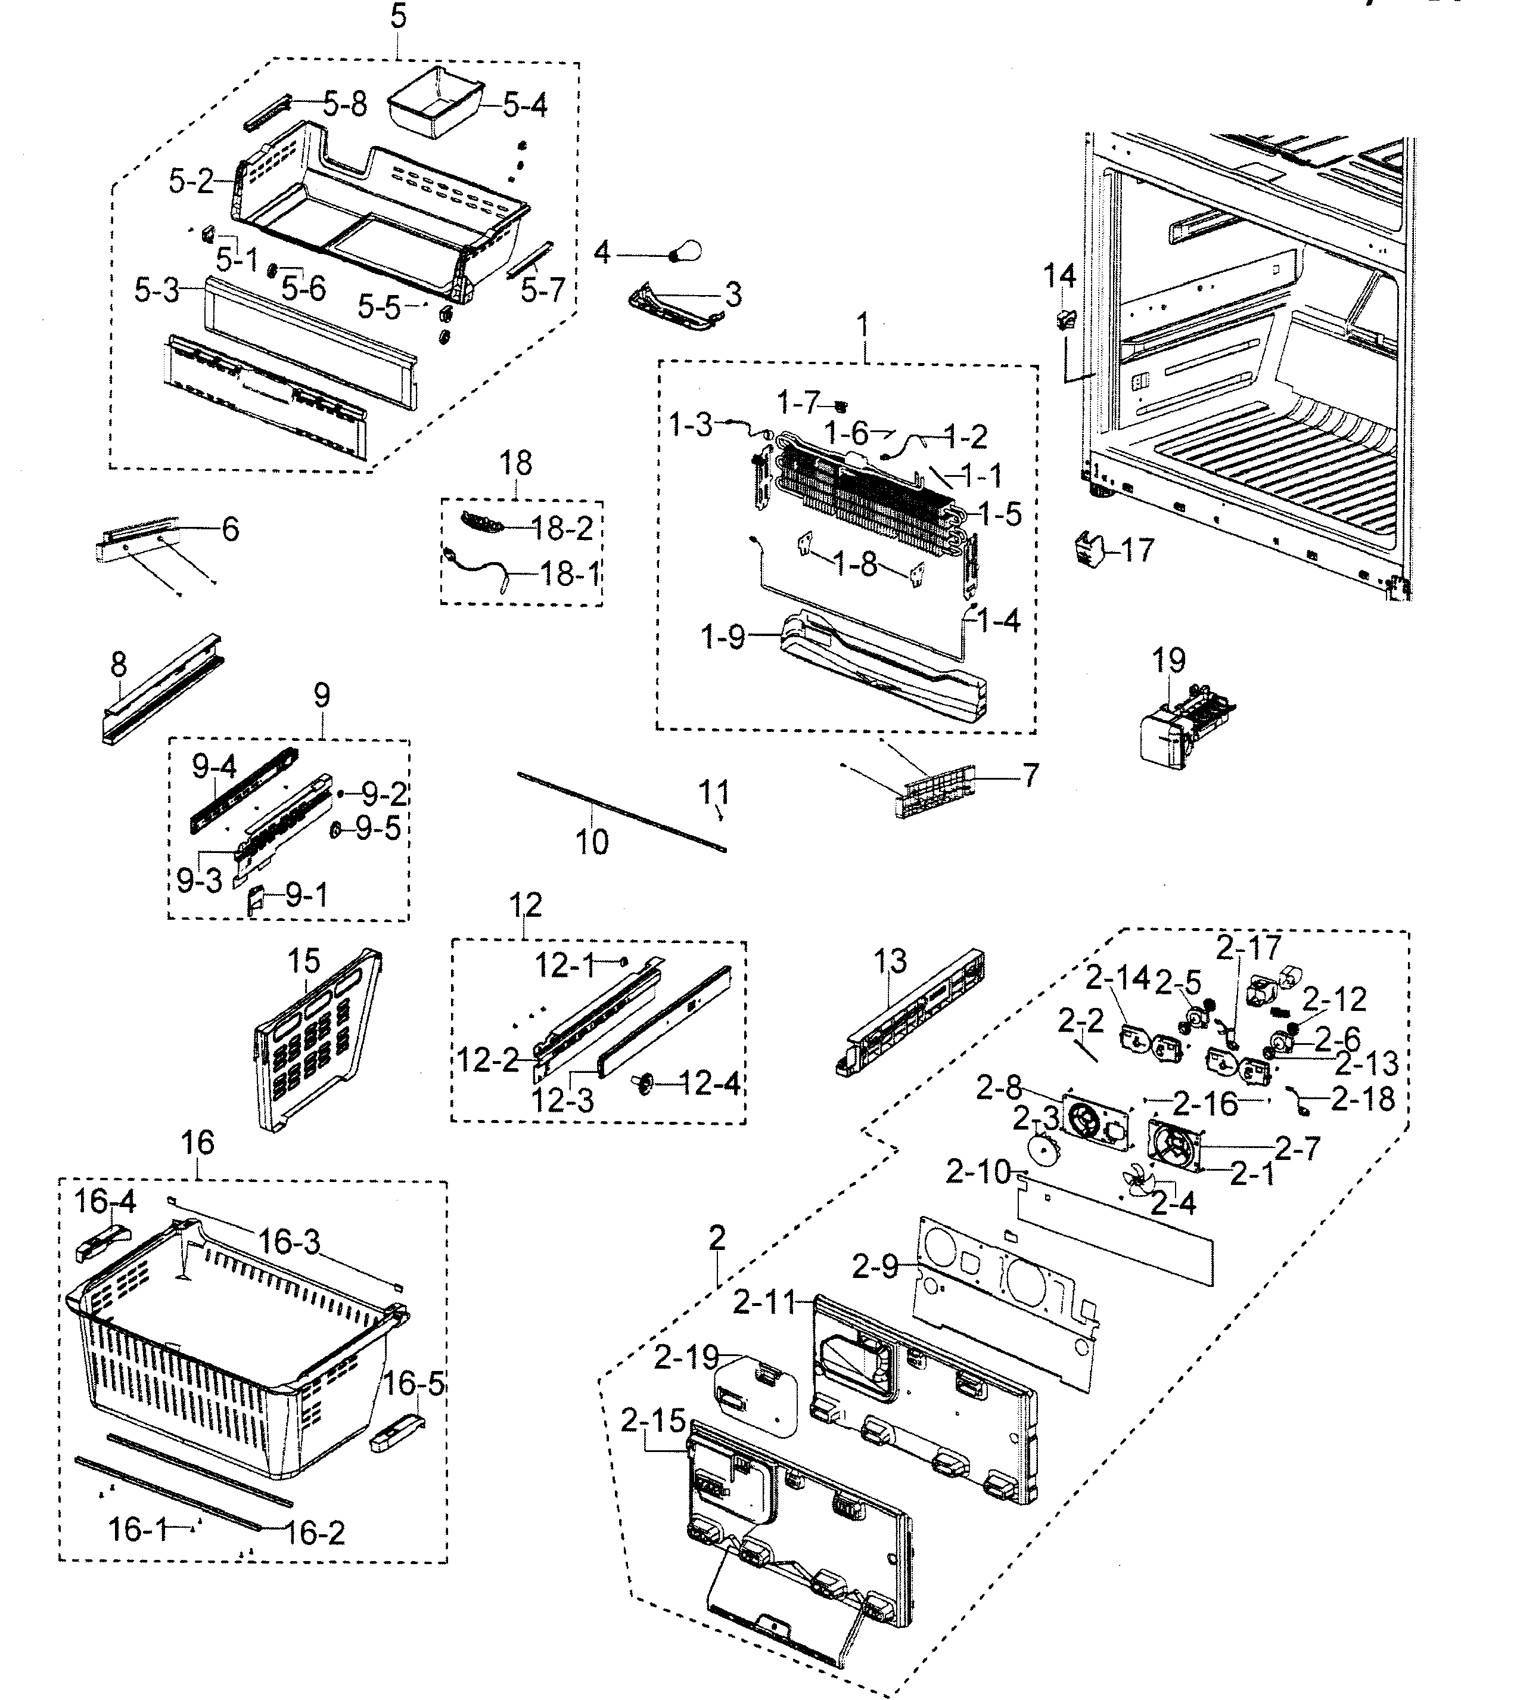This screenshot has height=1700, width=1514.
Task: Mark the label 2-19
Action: (685, 1358)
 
